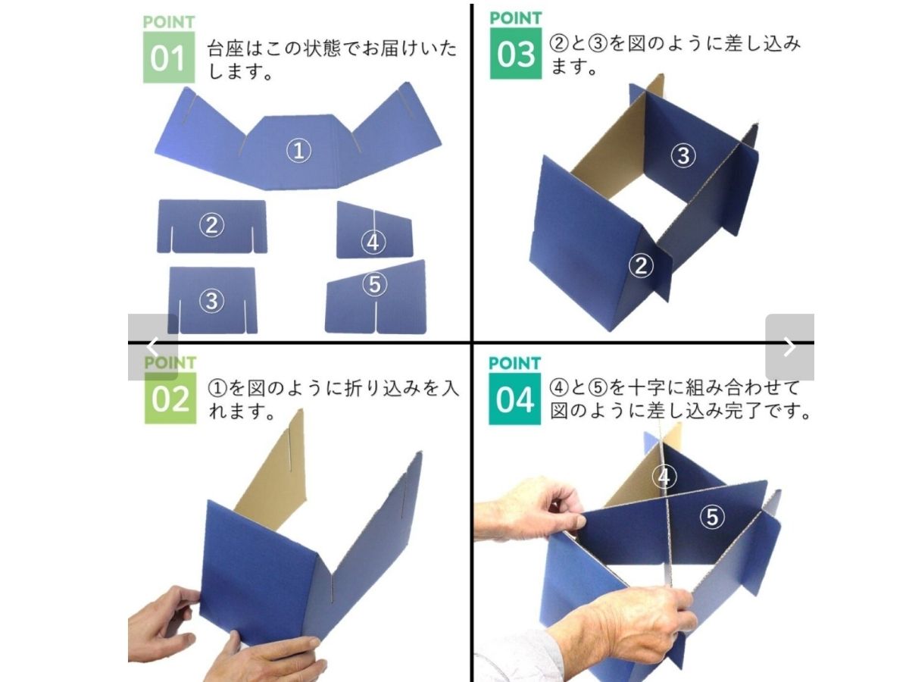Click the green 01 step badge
tap(169, 57)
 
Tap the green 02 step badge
tap(170, 398)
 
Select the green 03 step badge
tap(516, 53)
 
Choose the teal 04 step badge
tap(514, 399)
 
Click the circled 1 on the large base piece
tap(298, 150)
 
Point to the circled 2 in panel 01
tap(211, 225)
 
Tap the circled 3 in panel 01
tap(211, 301)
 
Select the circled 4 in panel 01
tap(373, 242)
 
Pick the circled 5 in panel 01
tap(374, 284)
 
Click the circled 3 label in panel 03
tap(683, 155)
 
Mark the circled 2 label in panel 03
tap(641, 265)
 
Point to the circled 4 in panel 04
tap(664, 477)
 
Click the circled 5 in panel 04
tap(712, 517)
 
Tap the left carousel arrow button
tap(153, 347)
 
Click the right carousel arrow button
tap(789, 347)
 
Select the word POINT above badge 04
tap(514, 363)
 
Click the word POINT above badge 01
tap(169, 22)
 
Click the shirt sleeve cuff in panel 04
tap(517, 659)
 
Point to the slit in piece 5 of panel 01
tap(376, 317)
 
